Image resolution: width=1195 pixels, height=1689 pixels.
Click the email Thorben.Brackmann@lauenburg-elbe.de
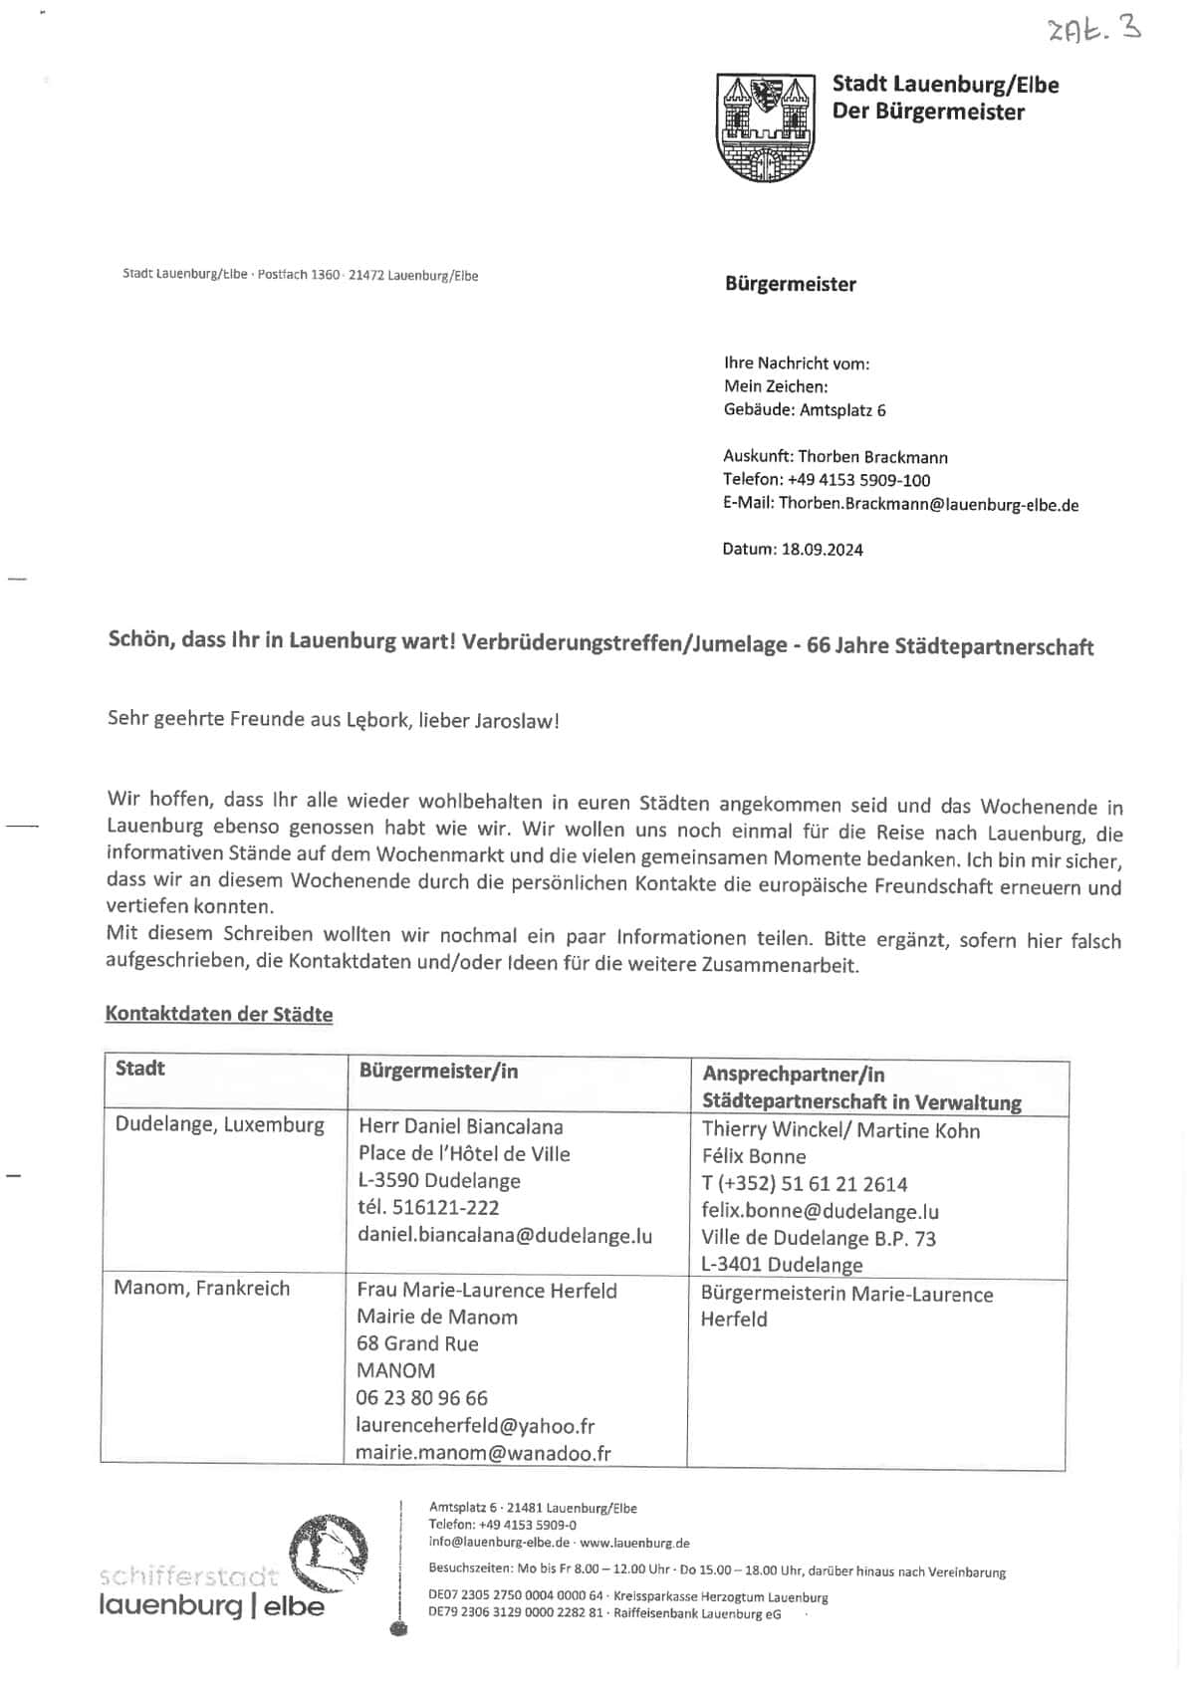click(928, 505)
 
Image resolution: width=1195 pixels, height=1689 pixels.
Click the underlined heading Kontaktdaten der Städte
click(219, 1014)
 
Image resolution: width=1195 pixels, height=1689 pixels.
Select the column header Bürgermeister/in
click(438, 1071)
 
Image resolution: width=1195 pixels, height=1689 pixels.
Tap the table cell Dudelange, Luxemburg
click(219, 1124)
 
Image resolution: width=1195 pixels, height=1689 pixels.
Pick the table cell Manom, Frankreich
click(201, 1288)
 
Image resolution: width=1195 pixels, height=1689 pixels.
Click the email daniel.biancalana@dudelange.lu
click(505, 1236)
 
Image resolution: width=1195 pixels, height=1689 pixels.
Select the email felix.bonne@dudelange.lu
click(820, 1212)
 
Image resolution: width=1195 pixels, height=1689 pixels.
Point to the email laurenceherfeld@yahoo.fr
click(475, 1425)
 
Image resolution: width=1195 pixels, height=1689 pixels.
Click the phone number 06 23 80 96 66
click(422, 1397)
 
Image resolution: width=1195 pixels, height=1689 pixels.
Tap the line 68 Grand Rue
click(417, 1343)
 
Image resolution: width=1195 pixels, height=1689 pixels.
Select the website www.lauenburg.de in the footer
click(634, 1543)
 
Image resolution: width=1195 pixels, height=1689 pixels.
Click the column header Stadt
click(140, 1069)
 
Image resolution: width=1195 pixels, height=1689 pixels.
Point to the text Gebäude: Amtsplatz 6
click(805, 410)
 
